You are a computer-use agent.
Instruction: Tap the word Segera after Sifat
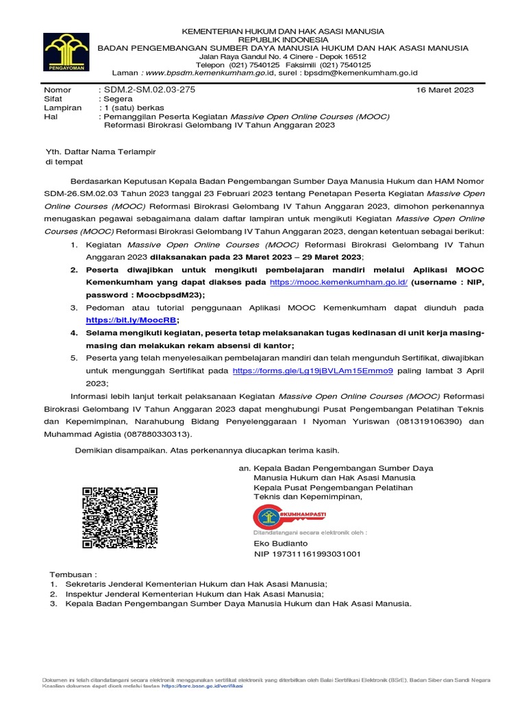118,99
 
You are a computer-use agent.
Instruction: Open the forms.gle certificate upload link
312,371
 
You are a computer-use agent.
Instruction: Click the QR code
120,518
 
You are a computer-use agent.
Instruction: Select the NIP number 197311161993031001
307,553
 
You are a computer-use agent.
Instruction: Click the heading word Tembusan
73,574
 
